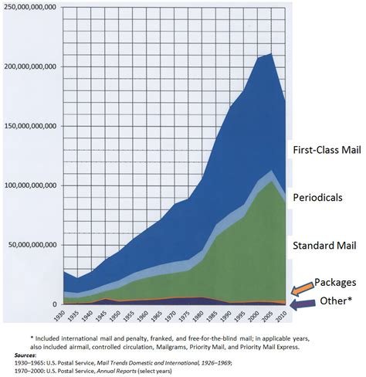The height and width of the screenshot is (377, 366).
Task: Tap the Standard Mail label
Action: [323, 246]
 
